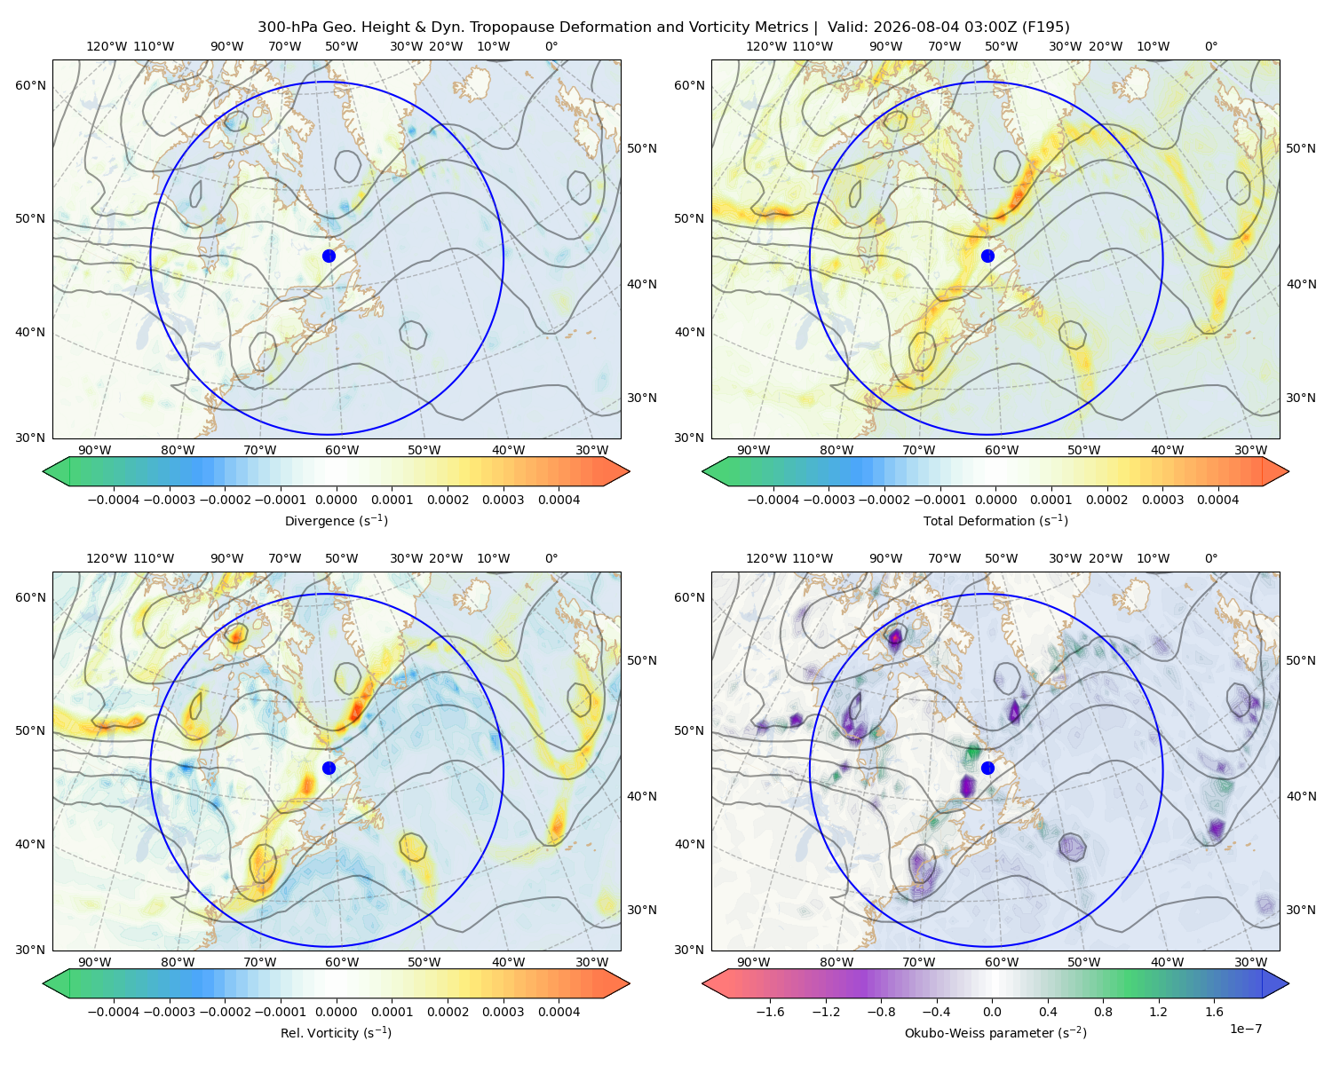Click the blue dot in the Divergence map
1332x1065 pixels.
pyautogui.click(x=329, y=256)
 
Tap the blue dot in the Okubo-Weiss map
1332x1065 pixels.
pyautogui.click(x=987, y=768)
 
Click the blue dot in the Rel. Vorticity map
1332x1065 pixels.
pyautogui.click(x=329, y=768)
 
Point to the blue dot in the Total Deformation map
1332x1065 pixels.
pyautogui.click(x=987, y=256)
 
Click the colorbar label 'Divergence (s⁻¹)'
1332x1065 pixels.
pyautogui.click(x=336, y=520)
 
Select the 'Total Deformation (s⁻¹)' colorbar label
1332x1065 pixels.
pyautogui.click(x=995, y=520)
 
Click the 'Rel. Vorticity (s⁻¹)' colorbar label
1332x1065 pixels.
pyautogui.click(x=336, y=1032)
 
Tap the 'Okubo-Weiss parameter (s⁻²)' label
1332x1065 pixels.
pyautogui.click(x=995, y=1032)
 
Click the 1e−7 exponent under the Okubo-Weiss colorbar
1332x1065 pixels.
pyautogui.click(x=1245, y=1029)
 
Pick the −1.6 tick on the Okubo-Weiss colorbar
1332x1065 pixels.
pyautogui.click(x=770, y=1012)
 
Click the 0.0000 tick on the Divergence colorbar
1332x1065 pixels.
pyautogui.click(x=336, y=500)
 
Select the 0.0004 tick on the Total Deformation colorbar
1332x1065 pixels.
pyautogui.click(x=1218, y=500)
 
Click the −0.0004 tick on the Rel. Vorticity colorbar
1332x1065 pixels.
pyautogui.click(x=114, y=1012)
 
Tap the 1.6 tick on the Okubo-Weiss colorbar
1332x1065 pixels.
pyautogui.click(x=1215, y=1012)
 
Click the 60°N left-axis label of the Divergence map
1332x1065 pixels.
pyautogui.click(x=30, y=85)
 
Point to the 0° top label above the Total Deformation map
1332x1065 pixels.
pyautogui.click(x=1210, y=46)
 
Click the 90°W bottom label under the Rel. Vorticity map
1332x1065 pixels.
pyautogui.click(x=95, y=962)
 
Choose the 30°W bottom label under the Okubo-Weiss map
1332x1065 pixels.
pyautogui.click(x=1250, y=962)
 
